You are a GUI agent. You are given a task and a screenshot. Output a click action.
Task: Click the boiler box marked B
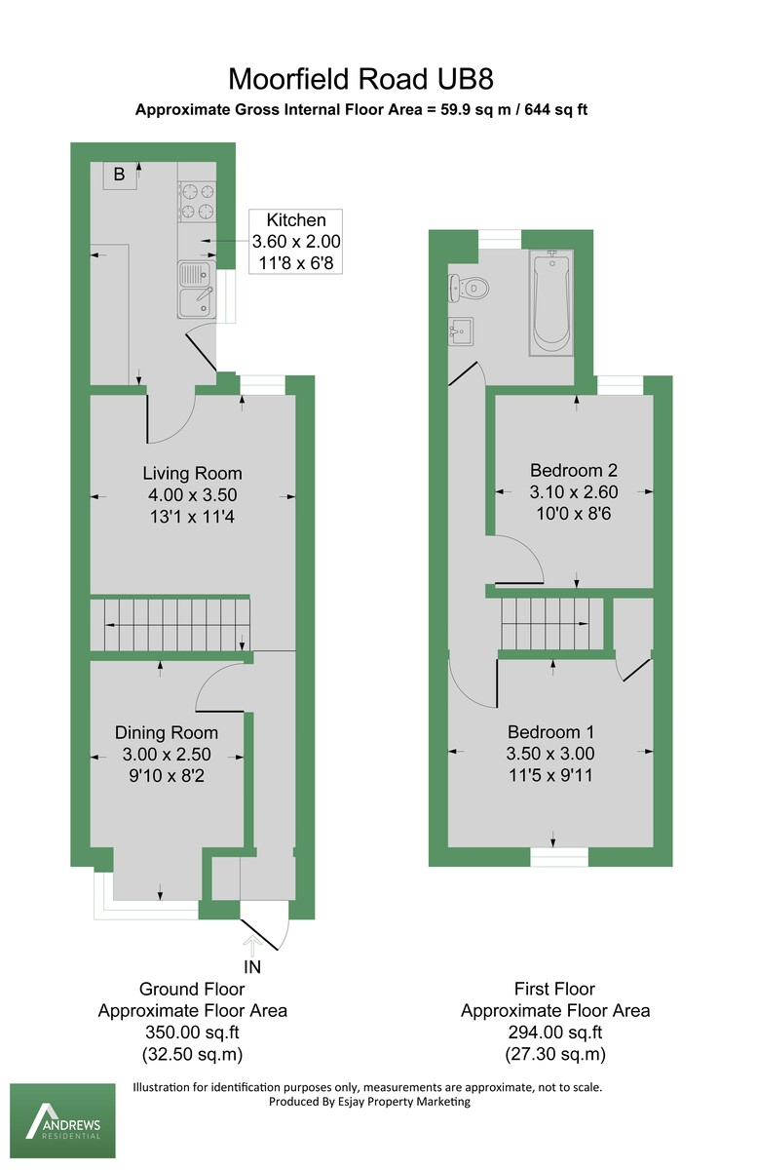pyautogui.click(x=119, y=175)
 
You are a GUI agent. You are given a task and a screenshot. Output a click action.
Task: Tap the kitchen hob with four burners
pyautogui.click(x=196, y=202)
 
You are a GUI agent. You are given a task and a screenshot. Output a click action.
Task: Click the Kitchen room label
pyautogui.click(x=296, y=220)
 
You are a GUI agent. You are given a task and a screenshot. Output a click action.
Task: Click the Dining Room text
pyautogui.click(x=167, y=732)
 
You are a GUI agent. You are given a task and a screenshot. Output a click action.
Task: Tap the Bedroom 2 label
pyautogui.click(x=573, y=470)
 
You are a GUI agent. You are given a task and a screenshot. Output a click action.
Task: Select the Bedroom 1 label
pyautogui.click(x=550, y=732)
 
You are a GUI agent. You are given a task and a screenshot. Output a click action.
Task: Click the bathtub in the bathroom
pyautogui.click(x=550, y=302)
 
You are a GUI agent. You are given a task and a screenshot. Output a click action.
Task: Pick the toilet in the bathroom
pyautogui.click(x=467, y=288)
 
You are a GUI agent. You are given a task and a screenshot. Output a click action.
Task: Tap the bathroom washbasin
pyautogui.click(x=460, y=331)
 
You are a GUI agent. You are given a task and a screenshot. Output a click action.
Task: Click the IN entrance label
pyautogui.click(x=252, y=968)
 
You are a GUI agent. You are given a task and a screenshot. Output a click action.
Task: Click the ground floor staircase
pyautogui.click(x=170, y=624)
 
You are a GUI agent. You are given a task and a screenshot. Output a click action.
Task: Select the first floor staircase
pyautogui.click(x=550, y=624)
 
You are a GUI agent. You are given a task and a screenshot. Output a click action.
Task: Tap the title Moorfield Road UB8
pyautogui.click(x=367, y=78)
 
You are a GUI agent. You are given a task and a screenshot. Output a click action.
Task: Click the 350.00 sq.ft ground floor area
pyautogui.click(x=192, y=1033)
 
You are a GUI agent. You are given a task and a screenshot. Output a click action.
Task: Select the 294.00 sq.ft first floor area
pyautogui.click(x=555, y=1033)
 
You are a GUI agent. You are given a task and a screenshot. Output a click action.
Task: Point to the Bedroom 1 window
pyautogui.click(x=559, y=856)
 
